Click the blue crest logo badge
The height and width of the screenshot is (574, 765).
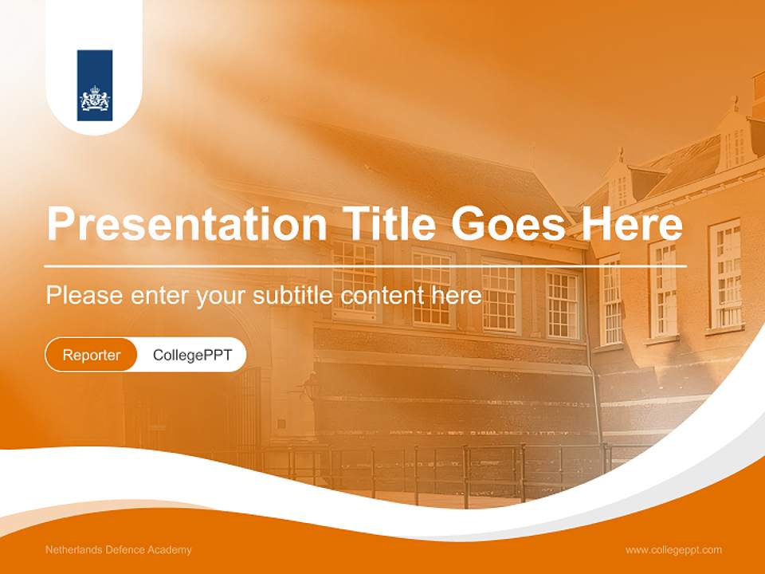(95, 86)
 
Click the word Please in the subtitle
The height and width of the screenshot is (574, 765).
(84, 296)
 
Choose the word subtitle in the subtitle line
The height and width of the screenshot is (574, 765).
(293, 295)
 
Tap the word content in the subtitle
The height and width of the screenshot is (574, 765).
(382, 295)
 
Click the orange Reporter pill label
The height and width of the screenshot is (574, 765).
(91, 355)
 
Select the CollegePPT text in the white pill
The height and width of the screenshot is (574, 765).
(192, 355)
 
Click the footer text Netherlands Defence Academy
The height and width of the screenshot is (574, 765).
(119, 550)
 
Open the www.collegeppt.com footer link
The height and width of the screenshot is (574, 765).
(673, 550)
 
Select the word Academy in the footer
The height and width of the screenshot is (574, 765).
(173, 550)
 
